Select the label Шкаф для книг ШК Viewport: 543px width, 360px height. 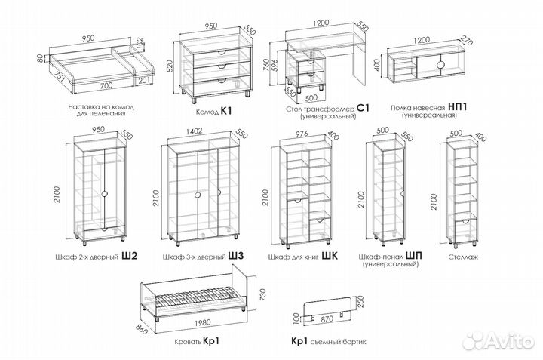(298, 257)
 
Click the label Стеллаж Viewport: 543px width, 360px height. (460, 257)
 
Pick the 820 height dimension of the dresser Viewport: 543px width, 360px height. (181, 66)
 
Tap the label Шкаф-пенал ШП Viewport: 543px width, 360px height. (391, 257)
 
